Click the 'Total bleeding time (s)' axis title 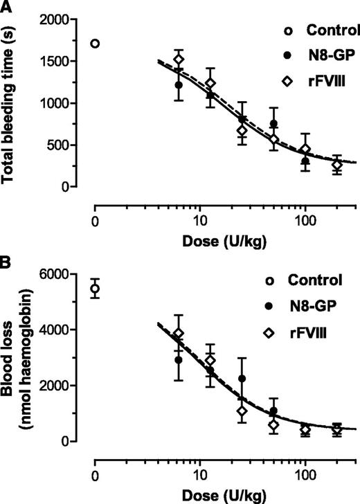tap(13, 102)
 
